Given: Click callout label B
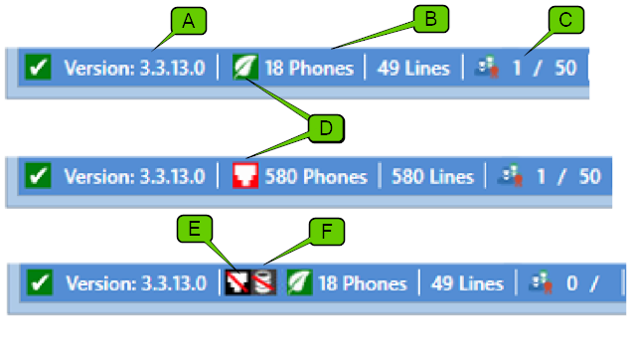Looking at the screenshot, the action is [x=431, y=18].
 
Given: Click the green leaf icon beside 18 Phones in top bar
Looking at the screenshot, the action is [x=244, y=69].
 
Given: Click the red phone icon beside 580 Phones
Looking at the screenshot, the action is [x=244, y=176].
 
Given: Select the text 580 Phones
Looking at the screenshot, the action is [x=315, y=176].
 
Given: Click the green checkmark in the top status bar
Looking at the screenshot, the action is [x=38, y=69].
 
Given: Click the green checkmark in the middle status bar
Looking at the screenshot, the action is [x=38, y=176].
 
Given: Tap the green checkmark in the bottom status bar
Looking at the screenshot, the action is [x=38, y=283].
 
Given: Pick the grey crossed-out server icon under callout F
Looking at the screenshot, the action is [x=262, y=283].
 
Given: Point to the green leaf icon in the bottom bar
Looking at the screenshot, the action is [x=298, y=283].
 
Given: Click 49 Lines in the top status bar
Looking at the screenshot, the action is [x=413, y=69].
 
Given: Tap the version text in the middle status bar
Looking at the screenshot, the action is [x=135, y=176].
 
